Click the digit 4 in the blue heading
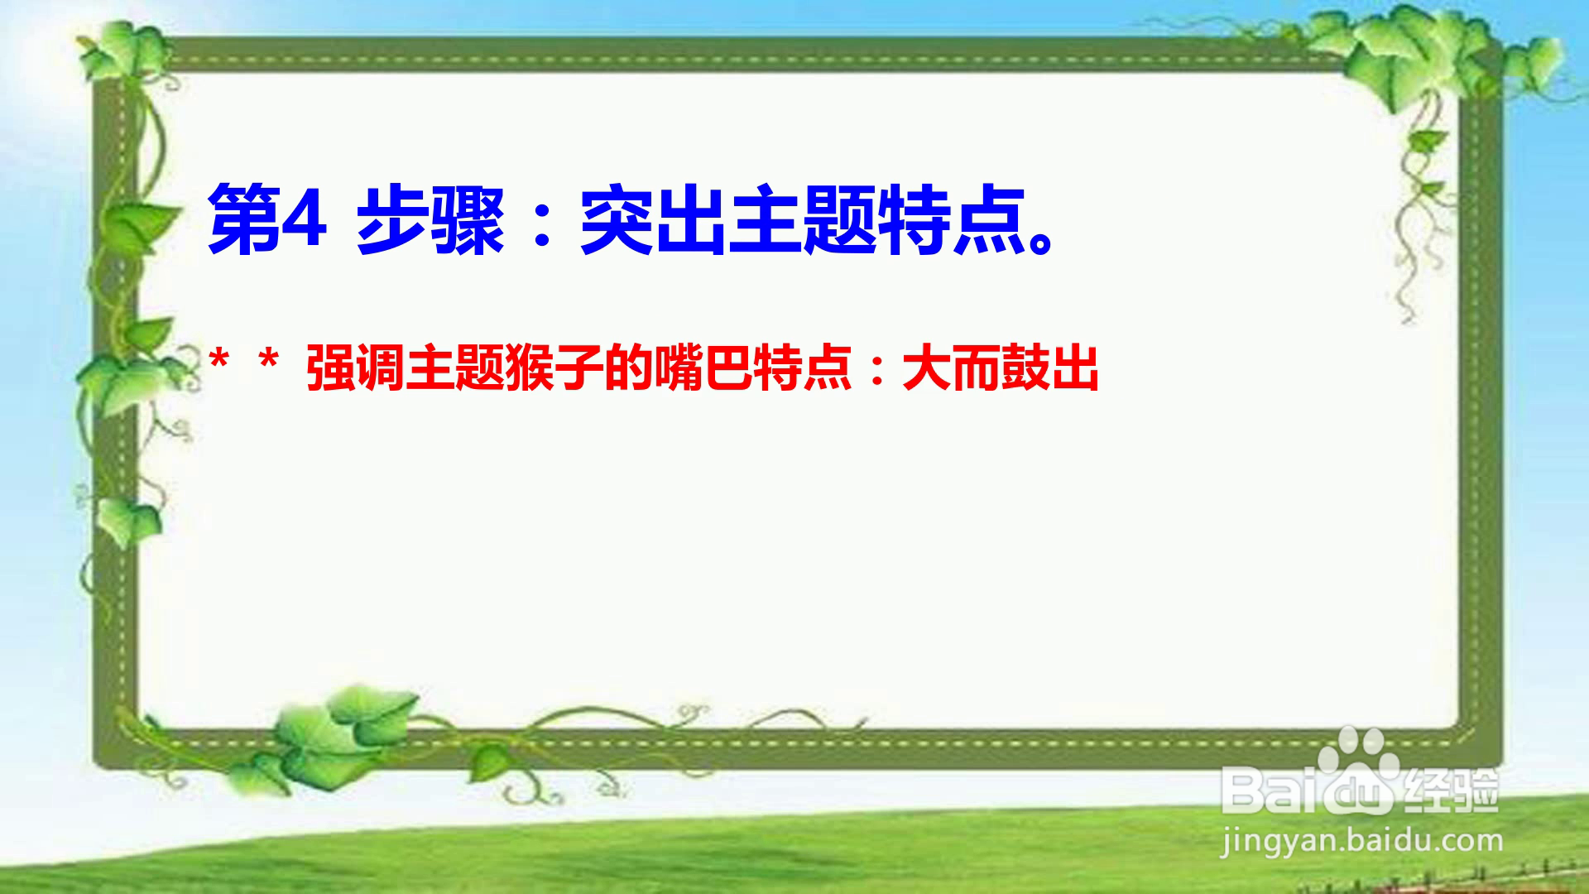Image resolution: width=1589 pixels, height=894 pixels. coord(303,220)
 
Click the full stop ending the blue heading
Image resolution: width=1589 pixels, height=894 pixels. coord(1040,242)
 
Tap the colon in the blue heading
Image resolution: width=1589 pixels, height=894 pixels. coord(543,223)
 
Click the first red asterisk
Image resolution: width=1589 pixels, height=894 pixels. coord(218,361)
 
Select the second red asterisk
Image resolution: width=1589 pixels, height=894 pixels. coord(268,361)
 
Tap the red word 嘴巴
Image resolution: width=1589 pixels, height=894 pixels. coord(703,368)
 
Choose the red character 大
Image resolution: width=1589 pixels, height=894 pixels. coord(927,368)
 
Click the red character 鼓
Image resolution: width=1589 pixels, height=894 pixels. coord(1026,368)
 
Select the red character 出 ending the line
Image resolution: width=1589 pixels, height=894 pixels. coord(1075,368)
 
